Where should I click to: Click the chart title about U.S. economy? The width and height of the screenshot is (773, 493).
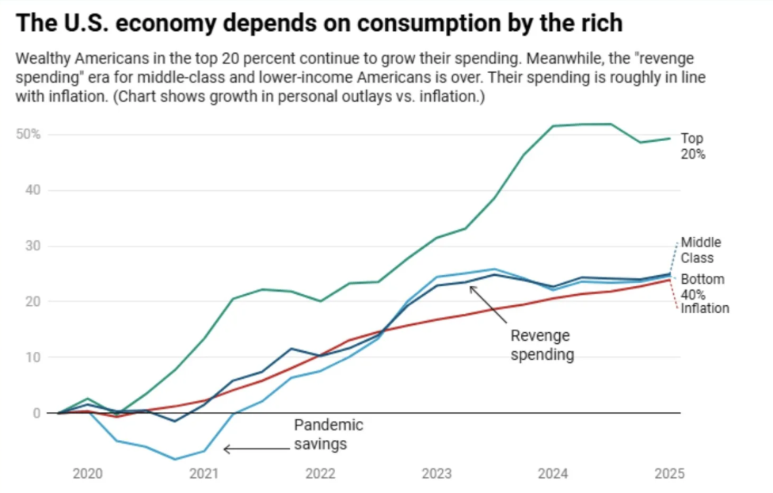point(319,23)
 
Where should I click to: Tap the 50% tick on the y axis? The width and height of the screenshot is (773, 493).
point(29,134)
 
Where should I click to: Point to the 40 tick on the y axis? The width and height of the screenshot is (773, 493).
point(32,190)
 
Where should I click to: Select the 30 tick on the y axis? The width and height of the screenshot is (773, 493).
point(32,246)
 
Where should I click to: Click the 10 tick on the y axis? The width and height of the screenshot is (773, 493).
point(32,357)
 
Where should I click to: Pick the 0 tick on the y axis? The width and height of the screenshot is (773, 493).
point(36,413)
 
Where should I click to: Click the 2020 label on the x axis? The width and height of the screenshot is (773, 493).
point(87,474)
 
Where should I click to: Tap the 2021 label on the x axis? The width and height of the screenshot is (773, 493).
point(204,474)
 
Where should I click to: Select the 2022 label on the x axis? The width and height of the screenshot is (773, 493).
point(320,474)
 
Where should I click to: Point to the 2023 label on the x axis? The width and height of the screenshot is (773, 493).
point(436,474)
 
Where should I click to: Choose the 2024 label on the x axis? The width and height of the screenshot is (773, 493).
point(553,474)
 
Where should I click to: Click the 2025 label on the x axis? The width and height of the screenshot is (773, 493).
point(669,474)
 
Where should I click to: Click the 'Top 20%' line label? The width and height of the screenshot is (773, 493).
point(692,147)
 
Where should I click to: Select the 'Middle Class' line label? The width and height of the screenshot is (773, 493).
point(701,250)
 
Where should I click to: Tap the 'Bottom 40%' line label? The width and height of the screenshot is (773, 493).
point(702,287)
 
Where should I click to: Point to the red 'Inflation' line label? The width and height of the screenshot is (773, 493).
point(704,308)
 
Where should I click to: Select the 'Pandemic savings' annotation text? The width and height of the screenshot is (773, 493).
point(328,434)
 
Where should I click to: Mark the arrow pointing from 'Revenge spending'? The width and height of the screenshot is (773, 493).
point(489,304)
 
